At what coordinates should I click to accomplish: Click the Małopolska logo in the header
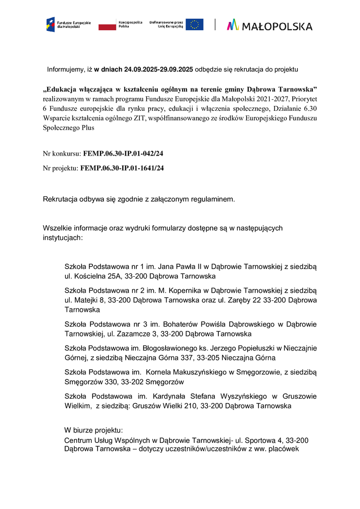pos(270,25)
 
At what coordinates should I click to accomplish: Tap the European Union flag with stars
pos(194,24)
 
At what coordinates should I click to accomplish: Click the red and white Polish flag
pos(107,24)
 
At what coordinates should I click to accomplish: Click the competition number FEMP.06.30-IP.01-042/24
pos(123,154)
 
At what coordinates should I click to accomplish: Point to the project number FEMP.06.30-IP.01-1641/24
pos(121,168)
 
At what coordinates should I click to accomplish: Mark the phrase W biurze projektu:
pos(93,430)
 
